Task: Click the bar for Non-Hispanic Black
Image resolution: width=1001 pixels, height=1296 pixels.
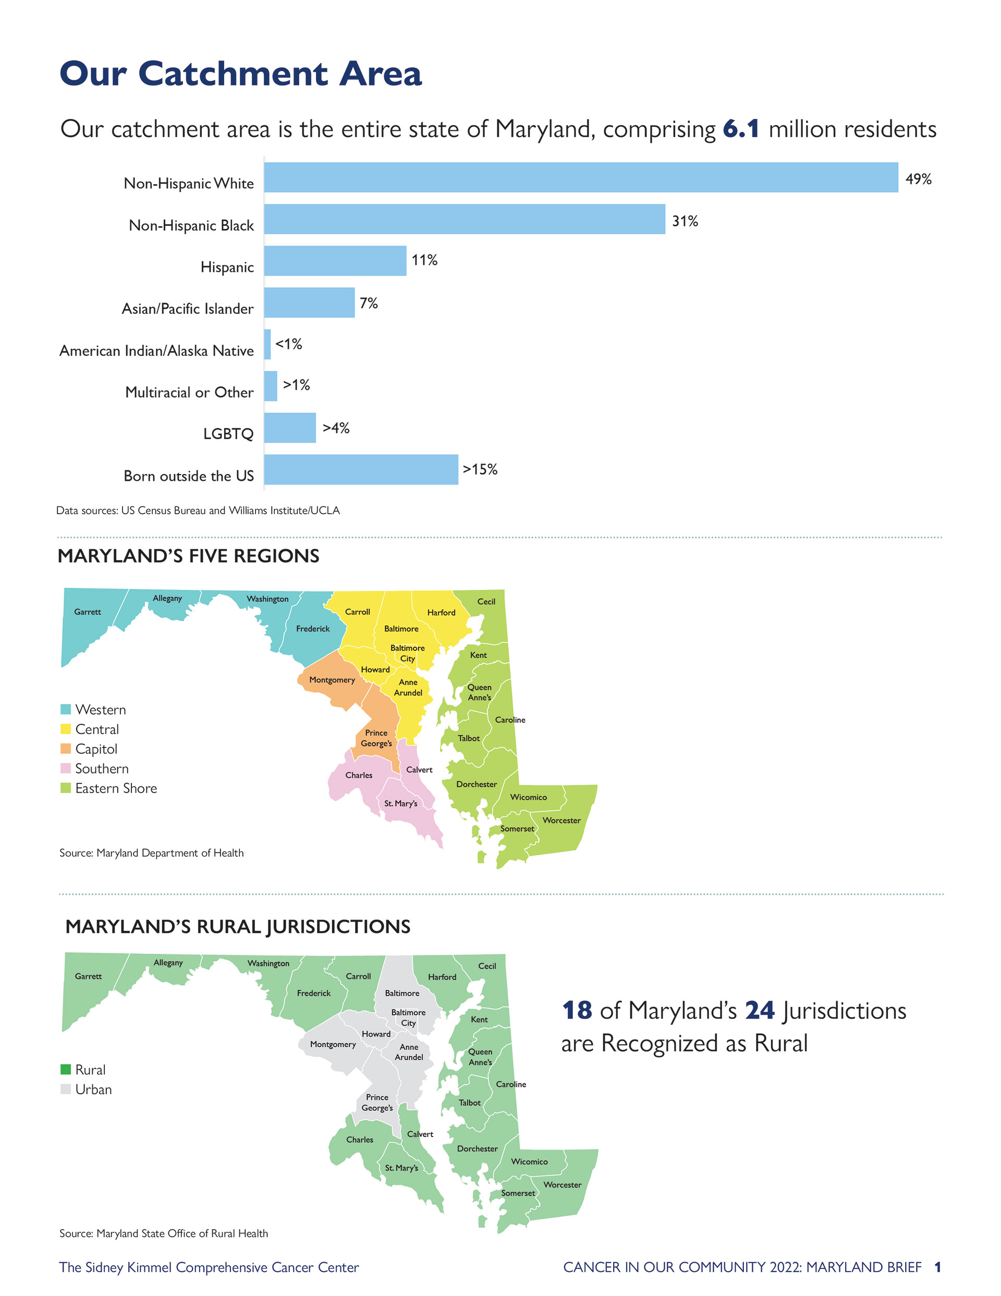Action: [464, 219]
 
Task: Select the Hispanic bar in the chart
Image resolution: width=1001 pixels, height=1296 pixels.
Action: [335, 261]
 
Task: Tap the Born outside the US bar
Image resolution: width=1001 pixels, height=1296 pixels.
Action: [361, 469]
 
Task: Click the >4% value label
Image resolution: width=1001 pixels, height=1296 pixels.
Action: [336, 428]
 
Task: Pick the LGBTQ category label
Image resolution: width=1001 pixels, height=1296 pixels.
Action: [228, 434]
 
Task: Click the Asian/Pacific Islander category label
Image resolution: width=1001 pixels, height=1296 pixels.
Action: [188, 309]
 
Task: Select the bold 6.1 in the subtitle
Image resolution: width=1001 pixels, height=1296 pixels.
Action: [740, 129]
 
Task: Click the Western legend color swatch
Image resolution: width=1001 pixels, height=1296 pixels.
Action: [66, 709]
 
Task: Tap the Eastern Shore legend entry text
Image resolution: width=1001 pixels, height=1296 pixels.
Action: [116, 788]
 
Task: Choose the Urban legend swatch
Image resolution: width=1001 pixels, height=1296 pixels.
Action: [66, 1089]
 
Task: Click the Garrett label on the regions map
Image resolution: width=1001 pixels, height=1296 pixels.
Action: [87, 612]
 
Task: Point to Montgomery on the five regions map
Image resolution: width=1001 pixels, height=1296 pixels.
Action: [332, 680]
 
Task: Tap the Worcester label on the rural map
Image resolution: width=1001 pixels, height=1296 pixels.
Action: [562, 1184]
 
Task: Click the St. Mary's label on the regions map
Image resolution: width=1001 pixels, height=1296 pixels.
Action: [400, 804]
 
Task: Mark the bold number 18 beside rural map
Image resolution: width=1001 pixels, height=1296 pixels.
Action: [577, 1010]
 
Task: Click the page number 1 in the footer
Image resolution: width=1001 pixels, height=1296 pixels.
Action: [937, 1267]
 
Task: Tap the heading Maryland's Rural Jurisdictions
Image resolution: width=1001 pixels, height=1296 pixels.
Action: [237, 926]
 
